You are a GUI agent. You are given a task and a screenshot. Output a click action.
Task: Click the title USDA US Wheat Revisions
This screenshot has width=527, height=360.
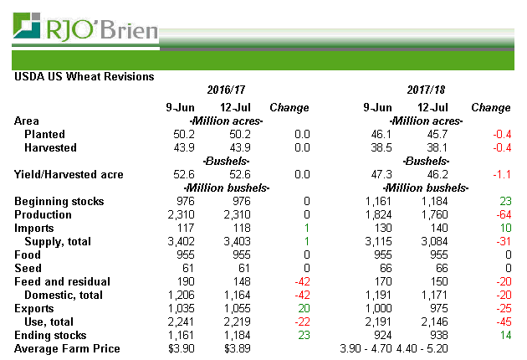[x=84, y=76]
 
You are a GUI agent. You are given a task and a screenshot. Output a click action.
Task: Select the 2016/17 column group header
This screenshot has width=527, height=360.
[x=225, y=90]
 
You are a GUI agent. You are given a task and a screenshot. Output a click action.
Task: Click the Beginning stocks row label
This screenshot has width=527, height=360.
[x=59, y=202]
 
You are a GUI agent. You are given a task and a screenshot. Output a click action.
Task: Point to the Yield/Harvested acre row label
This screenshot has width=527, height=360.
[x=69, y=175]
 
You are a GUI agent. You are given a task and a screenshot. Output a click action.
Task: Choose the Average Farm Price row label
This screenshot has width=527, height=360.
[x=68, y=348]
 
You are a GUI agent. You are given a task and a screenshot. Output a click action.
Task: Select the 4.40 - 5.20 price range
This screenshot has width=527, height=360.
[x=422, y=348]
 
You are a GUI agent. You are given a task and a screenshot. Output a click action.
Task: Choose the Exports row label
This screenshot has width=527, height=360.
[x=35, y=308]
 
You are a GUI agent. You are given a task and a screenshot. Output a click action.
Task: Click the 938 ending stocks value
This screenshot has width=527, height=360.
[x=436, y=335]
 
